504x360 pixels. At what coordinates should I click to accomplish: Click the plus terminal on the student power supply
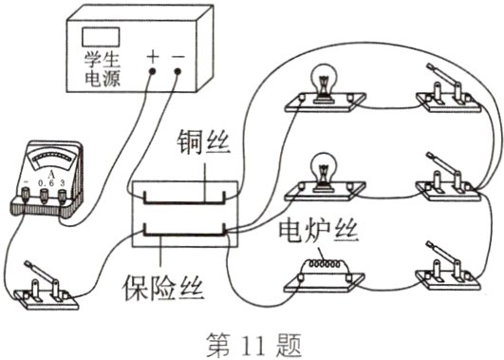[152, 71]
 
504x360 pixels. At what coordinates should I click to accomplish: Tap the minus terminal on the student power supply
[177, 71]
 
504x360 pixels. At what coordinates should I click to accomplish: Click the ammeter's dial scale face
[43, 153]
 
